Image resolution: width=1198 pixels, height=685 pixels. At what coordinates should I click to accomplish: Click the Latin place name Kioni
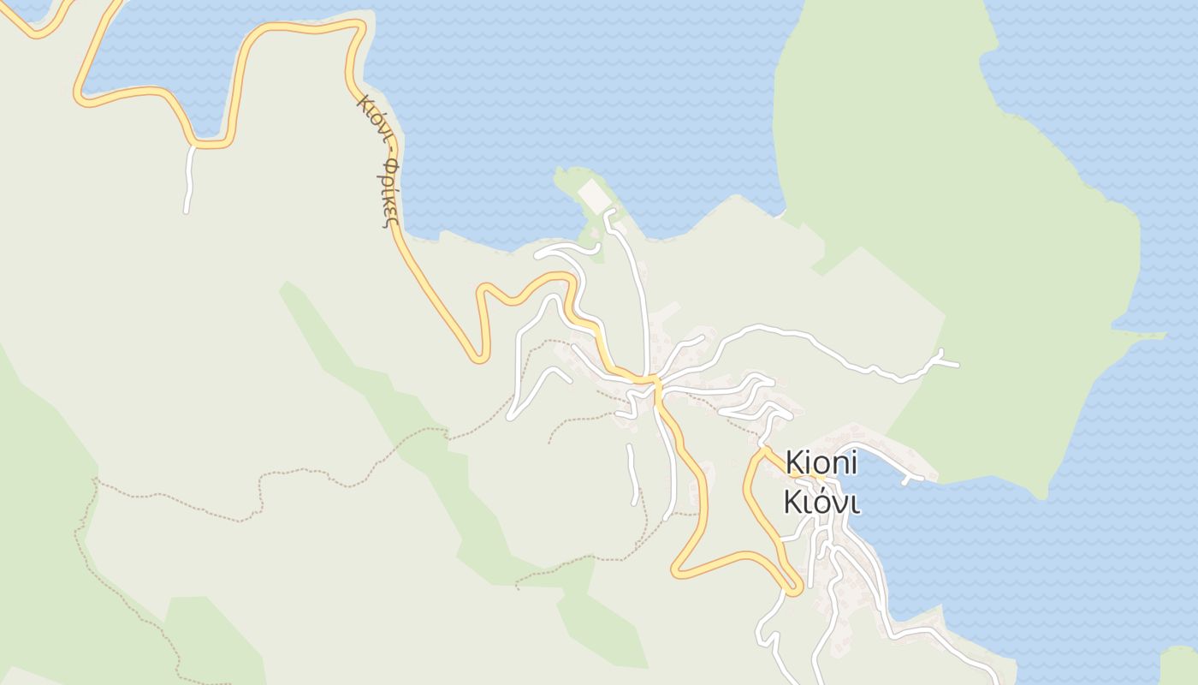point(821,463)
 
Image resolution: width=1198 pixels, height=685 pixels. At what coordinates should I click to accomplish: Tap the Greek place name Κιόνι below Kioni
point(821,503)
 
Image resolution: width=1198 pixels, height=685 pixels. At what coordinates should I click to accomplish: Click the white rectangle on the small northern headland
point(593,195)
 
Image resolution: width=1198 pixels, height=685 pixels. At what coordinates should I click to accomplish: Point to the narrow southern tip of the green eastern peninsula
point(1040,491)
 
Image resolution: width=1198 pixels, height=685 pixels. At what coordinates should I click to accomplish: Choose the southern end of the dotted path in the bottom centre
point(518,587)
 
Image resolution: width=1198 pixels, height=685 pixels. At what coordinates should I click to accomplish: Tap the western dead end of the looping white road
point(511,417)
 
